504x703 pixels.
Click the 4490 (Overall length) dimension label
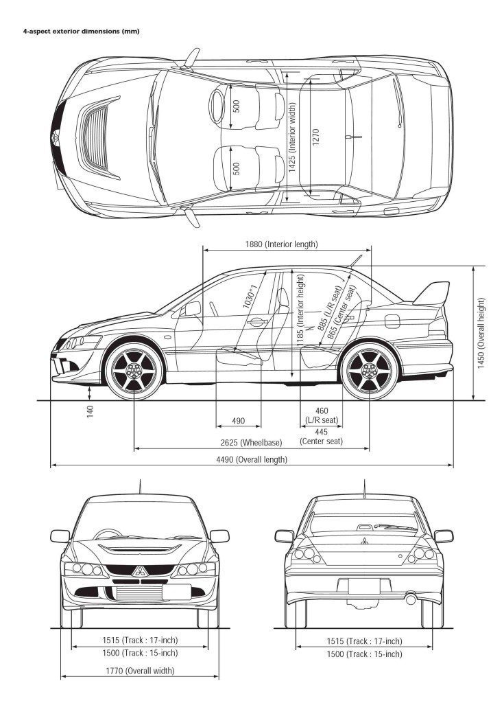click(252, 459)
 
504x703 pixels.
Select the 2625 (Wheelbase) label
click(252, 443)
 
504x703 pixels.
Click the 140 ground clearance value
click(90, 412)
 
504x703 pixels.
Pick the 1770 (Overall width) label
click(140, 671)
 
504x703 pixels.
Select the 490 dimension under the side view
click(238, 420)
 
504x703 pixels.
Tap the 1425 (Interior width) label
click(292, 137)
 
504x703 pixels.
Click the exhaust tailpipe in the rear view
click(411, 599)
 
